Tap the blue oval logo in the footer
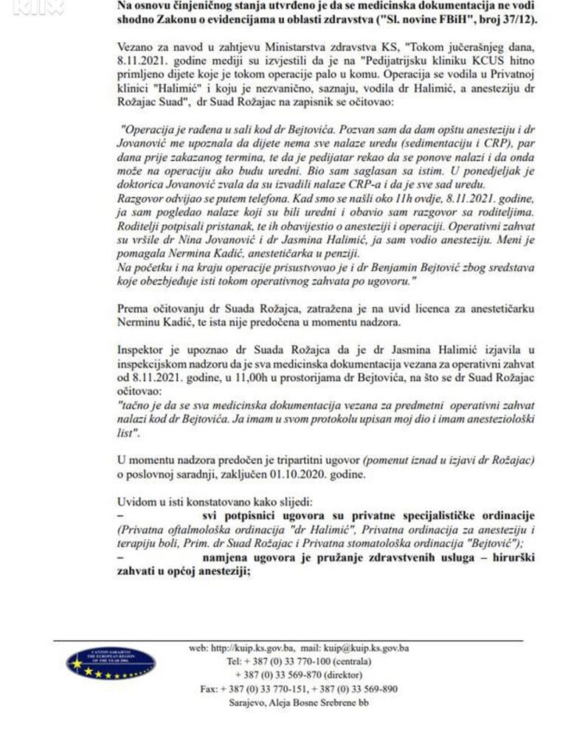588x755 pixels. click(x=111, y=663)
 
